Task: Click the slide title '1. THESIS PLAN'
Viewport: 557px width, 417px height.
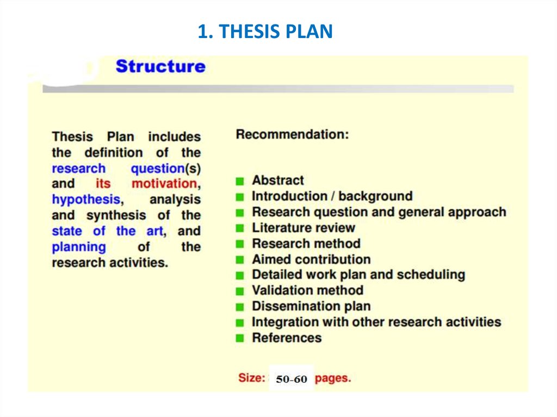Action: pos(265,32)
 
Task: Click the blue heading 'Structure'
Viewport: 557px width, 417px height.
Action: pos(160,67)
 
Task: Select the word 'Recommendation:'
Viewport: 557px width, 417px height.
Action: pos(292,134)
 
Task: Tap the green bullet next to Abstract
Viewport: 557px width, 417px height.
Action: pos(240,181)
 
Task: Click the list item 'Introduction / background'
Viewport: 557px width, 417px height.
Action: pos(332,196)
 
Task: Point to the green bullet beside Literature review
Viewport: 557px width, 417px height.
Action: pos(240,228)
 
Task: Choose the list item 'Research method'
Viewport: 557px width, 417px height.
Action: pos(306,244)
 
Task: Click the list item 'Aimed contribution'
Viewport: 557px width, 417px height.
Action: pos(311,259)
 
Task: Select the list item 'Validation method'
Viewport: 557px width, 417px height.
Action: pos(307,290)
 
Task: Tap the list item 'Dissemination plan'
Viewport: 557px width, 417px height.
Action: pos(311,306)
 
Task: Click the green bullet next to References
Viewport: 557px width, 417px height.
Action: pos(240,338)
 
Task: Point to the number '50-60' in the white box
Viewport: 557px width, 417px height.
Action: pos(292,379)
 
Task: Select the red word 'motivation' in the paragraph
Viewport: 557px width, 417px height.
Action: pos(164,184)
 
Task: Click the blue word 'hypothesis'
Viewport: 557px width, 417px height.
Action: pos(85,200)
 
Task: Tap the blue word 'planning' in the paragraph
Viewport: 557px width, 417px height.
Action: pos(79,247)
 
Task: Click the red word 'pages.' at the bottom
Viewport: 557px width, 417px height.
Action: pos(333,378)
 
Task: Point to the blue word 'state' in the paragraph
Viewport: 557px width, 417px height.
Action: pos(67,231)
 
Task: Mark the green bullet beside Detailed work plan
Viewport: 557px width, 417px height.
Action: pos(240,275)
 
